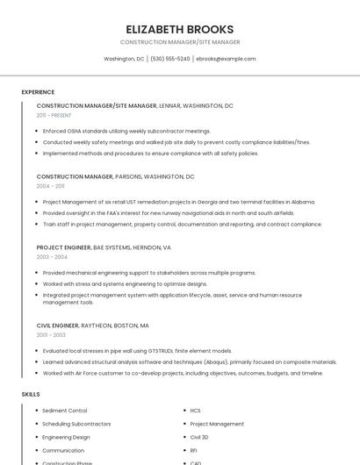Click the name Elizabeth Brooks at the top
click(x=180, y=29)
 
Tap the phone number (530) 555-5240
click(x=169, y=59)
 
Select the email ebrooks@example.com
click(x=226, y=59)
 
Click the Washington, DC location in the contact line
click(x=124, y=59)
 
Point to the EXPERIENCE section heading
click(x=38, y=92)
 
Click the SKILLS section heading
click(x=31, y=395)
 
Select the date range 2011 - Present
click(x=54, y=115)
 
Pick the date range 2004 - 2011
click(x=50, y=186)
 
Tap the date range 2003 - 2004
click(x=52, y=257)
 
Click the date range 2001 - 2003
click(x=50, y=335)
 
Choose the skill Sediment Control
click(x=65, y=411)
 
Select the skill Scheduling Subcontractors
click(x=76, y=424)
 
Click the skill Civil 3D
click(x=199, y=437)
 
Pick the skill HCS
click(x=196, y=411)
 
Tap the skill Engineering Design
click(x=66, y=437)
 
